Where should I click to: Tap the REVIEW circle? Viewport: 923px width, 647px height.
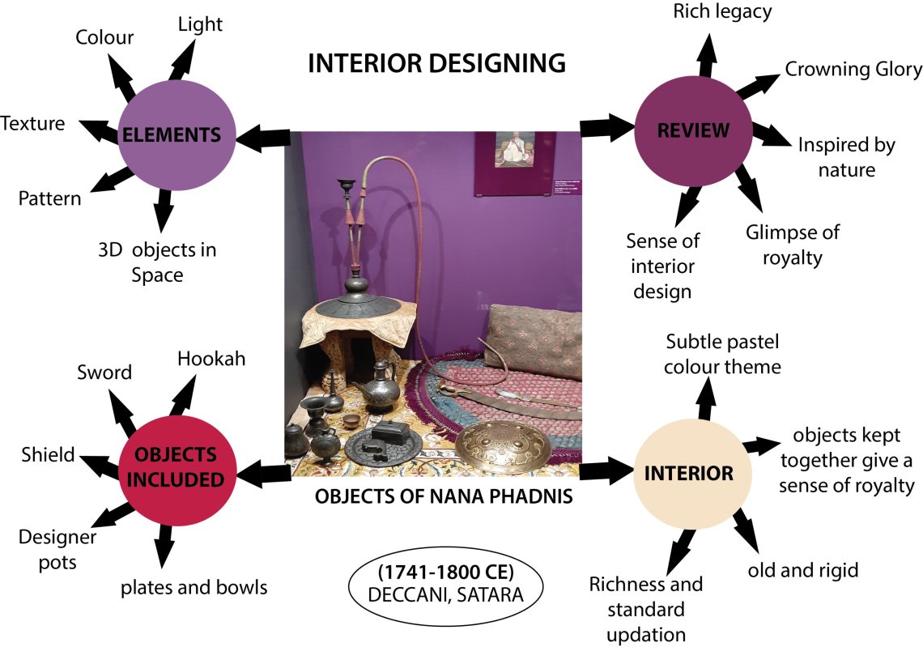693,129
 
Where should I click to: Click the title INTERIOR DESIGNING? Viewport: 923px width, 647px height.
436,63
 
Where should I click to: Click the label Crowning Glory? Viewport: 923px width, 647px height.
853,70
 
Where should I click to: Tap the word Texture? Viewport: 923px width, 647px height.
33,124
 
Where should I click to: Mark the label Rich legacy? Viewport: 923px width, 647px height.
722,11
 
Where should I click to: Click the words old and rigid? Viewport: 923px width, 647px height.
803,570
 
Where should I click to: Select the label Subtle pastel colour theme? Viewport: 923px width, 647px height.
722,354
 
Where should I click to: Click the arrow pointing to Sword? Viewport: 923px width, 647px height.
124,412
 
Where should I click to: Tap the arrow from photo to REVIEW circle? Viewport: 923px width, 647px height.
607,126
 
